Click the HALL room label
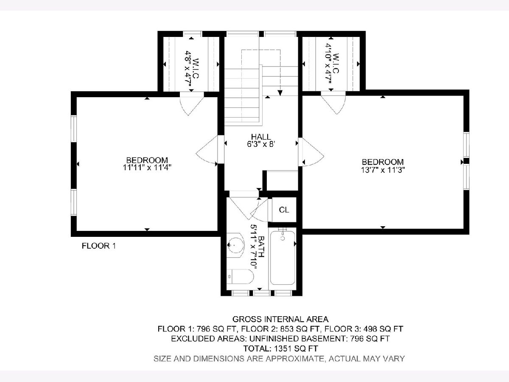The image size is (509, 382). click(261, 137)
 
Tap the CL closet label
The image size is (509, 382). click(284, 210)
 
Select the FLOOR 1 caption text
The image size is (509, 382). click(99, 246)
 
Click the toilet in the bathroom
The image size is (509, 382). click(240, 276)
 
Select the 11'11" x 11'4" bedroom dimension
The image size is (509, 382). click(147, 168)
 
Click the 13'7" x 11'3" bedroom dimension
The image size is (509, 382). click(383, 170)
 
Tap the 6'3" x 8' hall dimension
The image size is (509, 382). click(261, 144)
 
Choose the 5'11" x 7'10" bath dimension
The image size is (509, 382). click(254, 247)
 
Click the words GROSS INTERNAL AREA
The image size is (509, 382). click(280, 319)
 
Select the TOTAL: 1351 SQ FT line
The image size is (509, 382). click(280, 348)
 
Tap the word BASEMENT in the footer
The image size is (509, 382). click(323, 339)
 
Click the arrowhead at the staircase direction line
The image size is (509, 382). click(280, 93)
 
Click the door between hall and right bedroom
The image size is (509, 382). click(310, 152)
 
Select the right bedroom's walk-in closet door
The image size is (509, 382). click(333, 103)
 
